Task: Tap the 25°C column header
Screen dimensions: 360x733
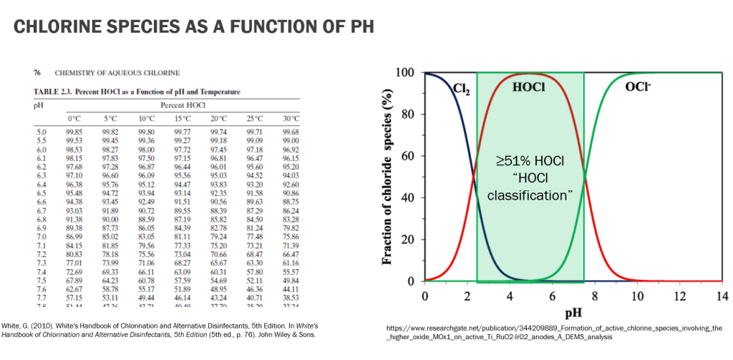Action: [x=255, y=118]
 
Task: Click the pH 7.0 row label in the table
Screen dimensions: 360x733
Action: [x=41, y=236]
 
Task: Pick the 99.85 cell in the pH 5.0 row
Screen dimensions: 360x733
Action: [x=75, y=132]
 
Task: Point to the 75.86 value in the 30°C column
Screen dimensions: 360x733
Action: [x=291, y=236]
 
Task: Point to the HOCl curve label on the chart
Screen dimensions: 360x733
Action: [x=529, y=86]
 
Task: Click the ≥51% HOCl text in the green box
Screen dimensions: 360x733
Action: [x=530, y=162]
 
